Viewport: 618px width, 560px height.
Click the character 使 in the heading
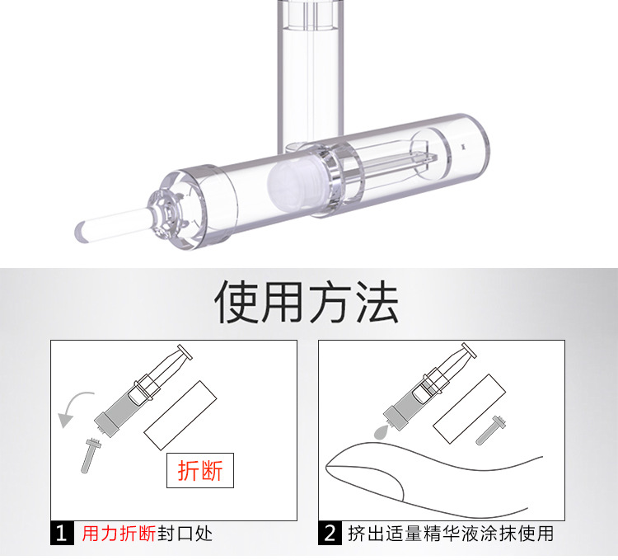(236, 302)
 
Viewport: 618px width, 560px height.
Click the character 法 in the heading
(377, 302)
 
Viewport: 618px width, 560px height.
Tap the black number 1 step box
(62, 533)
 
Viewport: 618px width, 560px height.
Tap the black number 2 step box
(330, 533)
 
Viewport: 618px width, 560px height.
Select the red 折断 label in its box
(200, 470)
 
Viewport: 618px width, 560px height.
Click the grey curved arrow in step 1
(71, 404)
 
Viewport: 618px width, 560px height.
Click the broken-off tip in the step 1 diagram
(90, 455)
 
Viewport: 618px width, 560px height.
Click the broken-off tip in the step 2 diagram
(491, 431)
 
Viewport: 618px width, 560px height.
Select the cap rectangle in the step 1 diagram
(180, 416)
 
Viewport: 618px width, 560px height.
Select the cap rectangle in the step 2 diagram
(469, 409)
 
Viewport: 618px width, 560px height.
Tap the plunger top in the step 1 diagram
(185, 352)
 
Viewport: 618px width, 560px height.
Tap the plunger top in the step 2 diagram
(469, 351)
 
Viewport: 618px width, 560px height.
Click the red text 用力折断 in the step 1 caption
(119, 534)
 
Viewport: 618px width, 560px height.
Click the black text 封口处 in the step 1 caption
(185, 534)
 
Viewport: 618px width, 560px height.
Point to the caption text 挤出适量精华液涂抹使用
(451, 534)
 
